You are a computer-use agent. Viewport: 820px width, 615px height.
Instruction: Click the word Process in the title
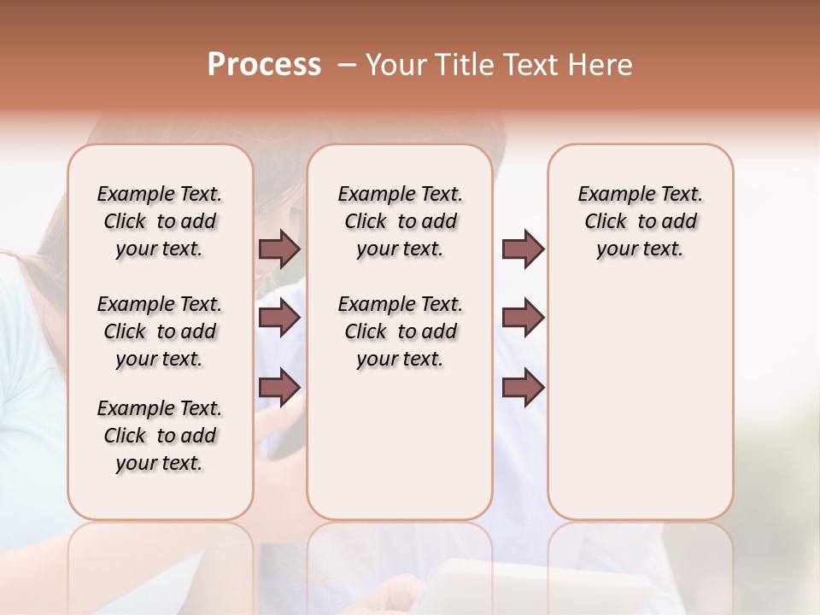[x=264, y=65]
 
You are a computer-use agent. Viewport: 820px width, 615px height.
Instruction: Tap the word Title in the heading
[x=465, y=65]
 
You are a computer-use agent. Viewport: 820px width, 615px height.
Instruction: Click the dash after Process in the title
[x=347, y=66]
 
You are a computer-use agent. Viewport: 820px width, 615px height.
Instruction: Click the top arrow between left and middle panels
[x=279, y=249]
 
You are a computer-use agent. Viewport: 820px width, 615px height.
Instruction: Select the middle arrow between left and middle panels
[x=279, y=318]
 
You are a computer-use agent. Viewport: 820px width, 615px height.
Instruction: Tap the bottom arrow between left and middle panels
[x=279, y=387]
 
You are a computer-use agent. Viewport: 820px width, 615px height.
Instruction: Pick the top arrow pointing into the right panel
[x=523, y=249]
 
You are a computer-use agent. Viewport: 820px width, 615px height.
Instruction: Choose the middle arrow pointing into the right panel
[x=523, y=318]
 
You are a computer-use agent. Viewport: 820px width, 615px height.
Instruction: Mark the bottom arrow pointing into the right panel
[x=523, y=387]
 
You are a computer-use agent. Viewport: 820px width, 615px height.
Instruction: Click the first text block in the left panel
[x=160, y=221]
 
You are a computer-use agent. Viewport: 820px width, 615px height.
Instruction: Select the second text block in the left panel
[x=160, y=331]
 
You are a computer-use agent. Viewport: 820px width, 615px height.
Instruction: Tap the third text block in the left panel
[x=160, y=436]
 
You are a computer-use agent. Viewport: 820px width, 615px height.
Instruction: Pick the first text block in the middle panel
[x=400, y=221]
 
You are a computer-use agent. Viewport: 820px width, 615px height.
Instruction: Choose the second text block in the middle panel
[x=400, y=331]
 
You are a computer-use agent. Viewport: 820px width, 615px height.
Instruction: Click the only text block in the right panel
[x=641, y=221]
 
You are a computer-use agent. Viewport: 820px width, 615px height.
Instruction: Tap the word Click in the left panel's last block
[x=125, y=436]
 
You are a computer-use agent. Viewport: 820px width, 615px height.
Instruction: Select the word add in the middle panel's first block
[x=439, y=221]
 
